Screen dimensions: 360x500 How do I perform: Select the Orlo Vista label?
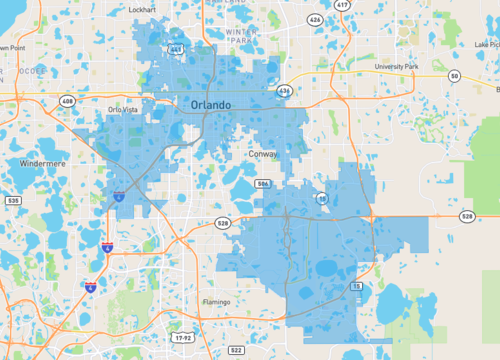click(x=124, y=110)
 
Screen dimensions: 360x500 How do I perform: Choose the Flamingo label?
click(x=216, y=302)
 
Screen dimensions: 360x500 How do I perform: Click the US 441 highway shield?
click(x=176, y=48)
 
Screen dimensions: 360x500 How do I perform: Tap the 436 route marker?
click(x=285, y=91)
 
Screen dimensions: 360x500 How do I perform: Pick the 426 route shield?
click(x=315, y=19)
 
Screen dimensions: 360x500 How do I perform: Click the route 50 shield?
click(x=455, y=76)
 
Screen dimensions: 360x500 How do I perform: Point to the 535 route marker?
click(x=12, y=201)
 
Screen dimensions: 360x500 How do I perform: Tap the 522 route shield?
click(x=236, y=351)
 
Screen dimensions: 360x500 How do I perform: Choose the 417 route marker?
click(x=342, y=6)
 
